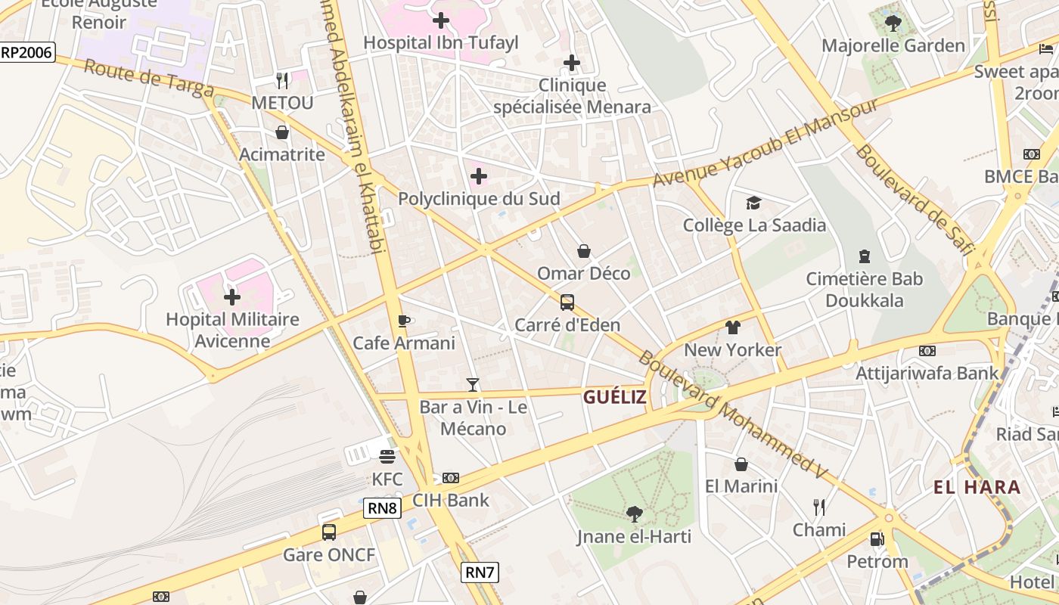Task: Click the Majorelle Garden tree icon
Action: [x=893, y=23]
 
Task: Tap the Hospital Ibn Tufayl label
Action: [x=441, y=42]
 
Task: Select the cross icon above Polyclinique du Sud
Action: [x=478, y=176]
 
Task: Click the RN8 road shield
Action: [x=382, y=507]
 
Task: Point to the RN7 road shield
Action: [x=480, y=572]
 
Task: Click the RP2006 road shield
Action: [x=26, y=51]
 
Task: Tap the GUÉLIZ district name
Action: [x=614, y=397]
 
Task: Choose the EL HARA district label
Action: [x=977, y=487]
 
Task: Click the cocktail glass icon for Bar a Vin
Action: [x=473, y=385]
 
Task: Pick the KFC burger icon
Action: [x=387, y=457]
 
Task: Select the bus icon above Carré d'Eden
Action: [x=567, y=302]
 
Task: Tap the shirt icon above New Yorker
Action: [x=732, y=327]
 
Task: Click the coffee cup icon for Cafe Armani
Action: [x=404, y=321]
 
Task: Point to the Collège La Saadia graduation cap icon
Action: [x=753, y=203]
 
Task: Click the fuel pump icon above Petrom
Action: [x=877, y=539]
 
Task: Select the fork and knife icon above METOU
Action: [x=282, y=79]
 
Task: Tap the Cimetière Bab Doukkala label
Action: [x=864, y=290]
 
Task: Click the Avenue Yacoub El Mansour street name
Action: [x=766, y=142]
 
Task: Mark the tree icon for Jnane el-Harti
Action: [x=634, y=514]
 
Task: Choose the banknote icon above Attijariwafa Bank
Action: [x=927, y=351]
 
